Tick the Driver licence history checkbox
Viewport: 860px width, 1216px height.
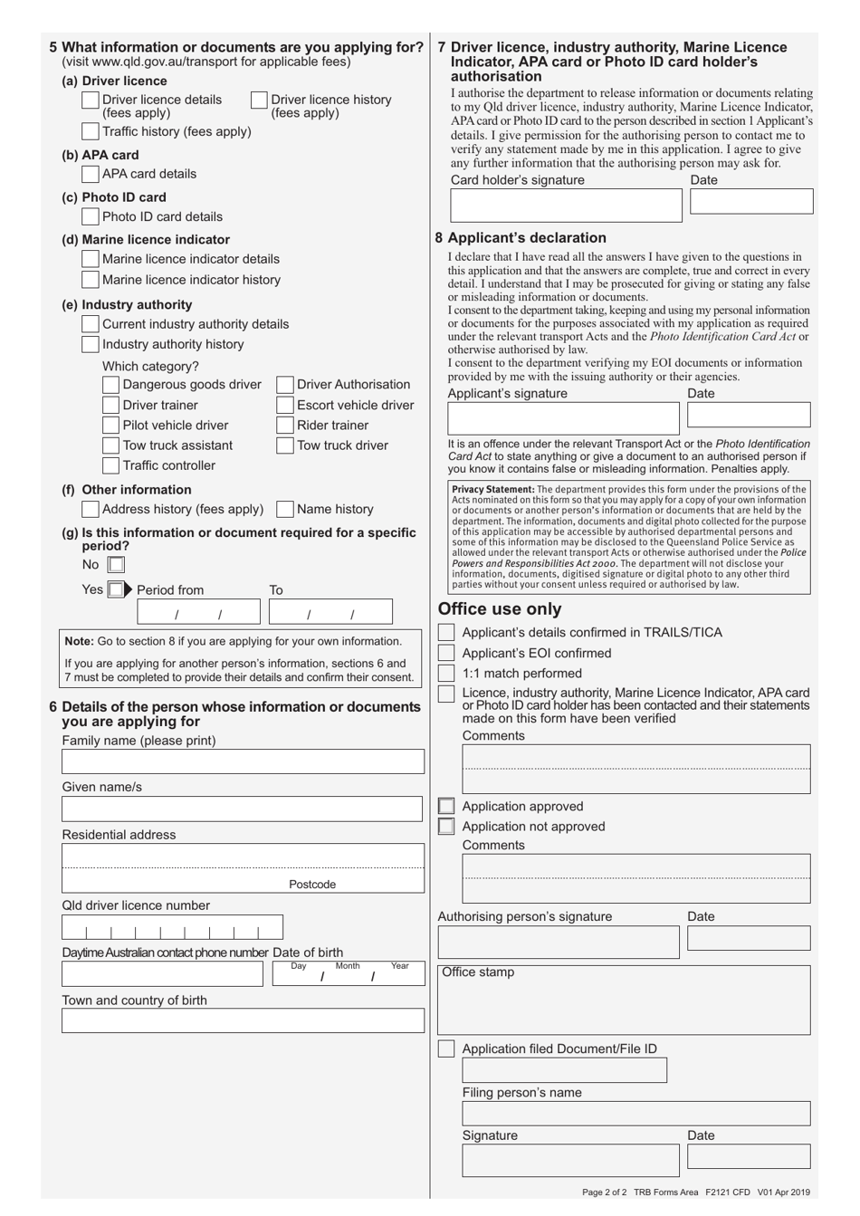coord(259,100)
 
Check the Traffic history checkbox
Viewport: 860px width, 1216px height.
coord(90,132)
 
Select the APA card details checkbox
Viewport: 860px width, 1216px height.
coord(90,174)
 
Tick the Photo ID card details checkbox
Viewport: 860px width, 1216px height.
coord(90,216)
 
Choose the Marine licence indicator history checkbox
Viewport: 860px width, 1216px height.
coord(90,280)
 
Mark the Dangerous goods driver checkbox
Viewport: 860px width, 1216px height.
coord(110,385)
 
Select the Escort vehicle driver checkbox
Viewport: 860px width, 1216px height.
coord(284,406)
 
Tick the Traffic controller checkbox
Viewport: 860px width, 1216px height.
coord(110,465)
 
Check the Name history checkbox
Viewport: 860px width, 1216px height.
coord(284,509)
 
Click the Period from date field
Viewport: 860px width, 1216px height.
coord(201,613)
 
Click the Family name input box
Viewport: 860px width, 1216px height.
coord(243,761)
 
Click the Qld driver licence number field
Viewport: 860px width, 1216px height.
coord(172,927)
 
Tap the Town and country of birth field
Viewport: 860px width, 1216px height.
coord(243,1020)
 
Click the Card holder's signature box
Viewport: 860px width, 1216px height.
coord(566,206)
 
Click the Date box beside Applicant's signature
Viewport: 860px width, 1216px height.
coord(748,415)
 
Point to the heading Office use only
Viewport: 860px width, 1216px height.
coord(500,609)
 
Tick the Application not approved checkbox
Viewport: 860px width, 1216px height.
coord(446,827)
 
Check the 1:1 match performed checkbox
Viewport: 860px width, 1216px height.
coord(446,674)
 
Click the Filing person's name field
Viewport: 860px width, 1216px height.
coord(635,1113)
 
